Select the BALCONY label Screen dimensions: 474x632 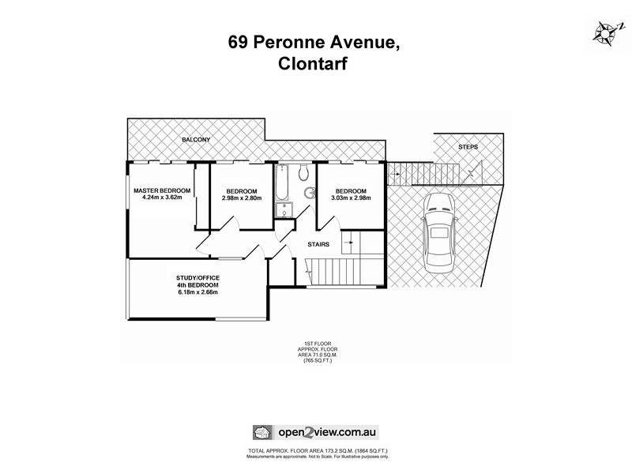[195, 140]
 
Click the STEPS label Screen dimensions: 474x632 [468, 148]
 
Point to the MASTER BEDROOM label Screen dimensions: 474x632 [162, 191]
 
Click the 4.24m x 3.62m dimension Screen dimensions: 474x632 [162, 197]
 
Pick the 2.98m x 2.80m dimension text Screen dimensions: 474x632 [241, 197]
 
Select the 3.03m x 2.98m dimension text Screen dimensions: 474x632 [350, 197]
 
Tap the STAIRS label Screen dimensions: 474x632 [318, 244]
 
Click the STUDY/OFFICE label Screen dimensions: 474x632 [197, 277]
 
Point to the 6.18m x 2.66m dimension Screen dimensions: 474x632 [197, 292]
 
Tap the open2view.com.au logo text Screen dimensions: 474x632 [327, 432]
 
